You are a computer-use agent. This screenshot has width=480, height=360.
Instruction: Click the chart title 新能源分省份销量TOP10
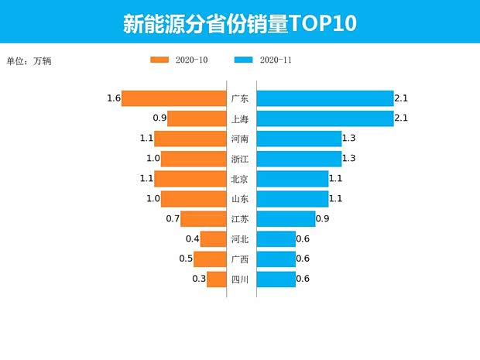click(x=240, y=23)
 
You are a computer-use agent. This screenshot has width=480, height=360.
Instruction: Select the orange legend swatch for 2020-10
click(x=159, y=60)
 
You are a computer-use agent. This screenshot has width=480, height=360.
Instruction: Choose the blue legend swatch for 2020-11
click(x=243, y=60)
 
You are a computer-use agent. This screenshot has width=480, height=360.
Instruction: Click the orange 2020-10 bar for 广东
click(x=173, y=98)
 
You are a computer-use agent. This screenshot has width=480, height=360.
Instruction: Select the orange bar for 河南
click(x=190, y=139)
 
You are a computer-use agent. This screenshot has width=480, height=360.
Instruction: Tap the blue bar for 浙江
click(x=299, y=159)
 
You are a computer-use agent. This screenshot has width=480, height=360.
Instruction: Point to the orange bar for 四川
click(x=216, y=279)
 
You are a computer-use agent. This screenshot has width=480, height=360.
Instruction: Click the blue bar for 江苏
click(x=286, y=219)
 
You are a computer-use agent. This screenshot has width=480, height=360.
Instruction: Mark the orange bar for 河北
click(x=213, y=239)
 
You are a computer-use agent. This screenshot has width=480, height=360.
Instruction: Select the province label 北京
click(x=240, y=179)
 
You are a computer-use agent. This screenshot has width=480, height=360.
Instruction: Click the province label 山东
click(x=240, y=199)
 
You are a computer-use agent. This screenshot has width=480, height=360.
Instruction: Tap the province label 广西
click(x=240, y=259)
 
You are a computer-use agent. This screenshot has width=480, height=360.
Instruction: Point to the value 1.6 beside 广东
click(x=114, y=98)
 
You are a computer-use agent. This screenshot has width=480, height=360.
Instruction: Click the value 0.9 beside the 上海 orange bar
click(x=159, y=118)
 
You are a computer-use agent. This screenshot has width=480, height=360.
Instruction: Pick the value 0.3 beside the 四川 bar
click(x=199, y=279)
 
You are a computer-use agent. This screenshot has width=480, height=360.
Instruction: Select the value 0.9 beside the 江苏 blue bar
click(x=323, y=219)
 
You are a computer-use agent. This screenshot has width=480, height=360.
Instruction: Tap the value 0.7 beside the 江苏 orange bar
click(x=173, y=219)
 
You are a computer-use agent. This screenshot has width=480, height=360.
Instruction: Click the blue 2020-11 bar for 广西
click(x=276, y=259)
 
